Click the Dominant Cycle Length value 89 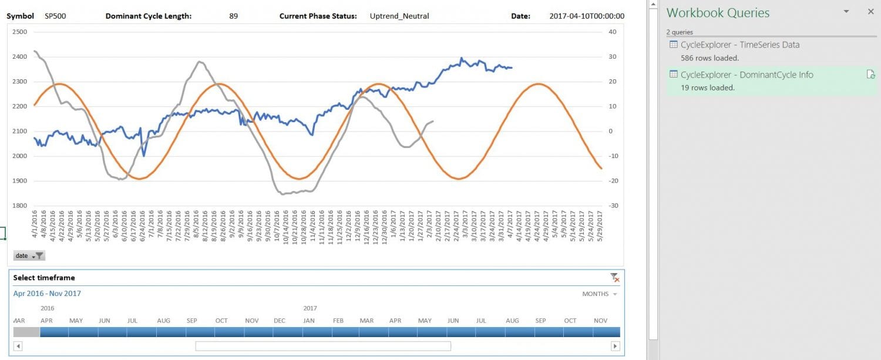pyautogui.click(x=234, y=16)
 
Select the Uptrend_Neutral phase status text pyautogui.click(x=399, y=16)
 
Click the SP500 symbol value pyautogui.click(x=55, y=16)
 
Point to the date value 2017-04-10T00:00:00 pyautogui.click(x=587, y=16)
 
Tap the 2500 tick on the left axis pyautogui.click(x=20, y=32)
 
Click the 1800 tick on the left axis pyautogui.click(x=20, y=206)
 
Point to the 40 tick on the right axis pyautogui.click(x=613, y=32)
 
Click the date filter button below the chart pyautogui.click(x=29, y=256)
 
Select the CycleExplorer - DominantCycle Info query pyautogui.click(x=747, y=75)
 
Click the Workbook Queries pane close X pyautogui.click(x=870, y=12)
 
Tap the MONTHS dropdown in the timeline pyautogui.click(x=599, y=294)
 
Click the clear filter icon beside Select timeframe pyautogui.click(x=614, y=278)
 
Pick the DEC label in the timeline pyautogui.click(x=280, y=321)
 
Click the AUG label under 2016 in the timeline pyautogui.click(x=163, y=321)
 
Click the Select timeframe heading pyautogui.click(x=44, y=278)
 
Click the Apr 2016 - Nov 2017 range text pyautogui.click(x=47, y=294)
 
